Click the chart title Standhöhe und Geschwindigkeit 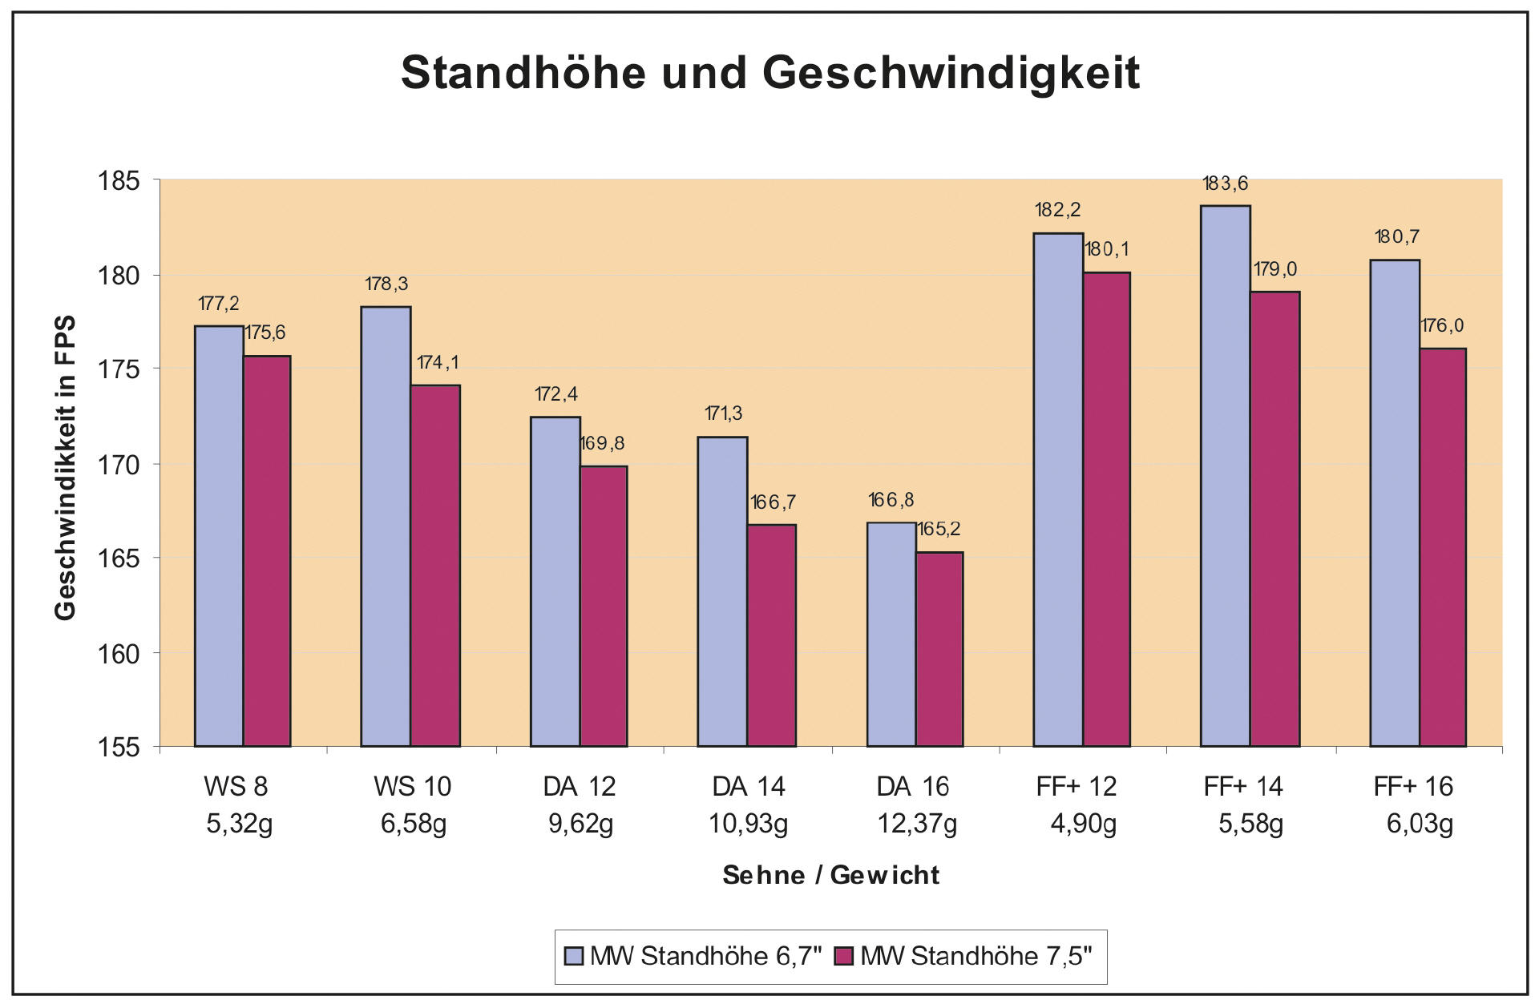pyautogui.click(x=769, y=73)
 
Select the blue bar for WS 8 pyautogui.click(x=219, y=536)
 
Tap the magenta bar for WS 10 pyautogui.click(x=435, y=566)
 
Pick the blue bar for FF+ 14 pyautogui.click(x=1225, y=476)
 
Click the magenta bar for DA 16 pyautogui.click(x=939, y=649)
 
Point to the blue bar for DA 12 pyautogui.click(x=555, y=582)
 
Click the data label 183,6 pyautogui.click(x=1226, y=184)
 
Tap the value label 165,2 pyautogui.click(x=939, y=530)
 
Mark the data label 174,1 pyautogui.click(x=438, y=363)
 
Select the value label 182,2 pyautogui.click(x=1057, y=211)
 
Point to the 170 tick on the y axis pyautogui.click(x=119, y=465)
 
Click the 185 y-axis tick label pyautogui.click(x=119, y=181)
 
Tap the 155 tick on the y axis pyautogui.click(x=119, y=748)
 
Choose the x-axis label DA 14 pyautogui.click(x=749, y=787)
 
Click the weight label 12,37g pyautogui.click(x=917, y=824)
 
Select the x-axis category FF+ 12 pyautogui.click(x=1076, y=787)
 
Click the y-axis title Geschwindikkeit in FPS pyautogui.click(x=65, y=467)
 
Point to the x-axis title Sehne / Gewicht pyautogui.click(x=830, y=875)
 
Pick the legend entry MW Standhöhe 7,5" pyautogui.click(x=965, y=957)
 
